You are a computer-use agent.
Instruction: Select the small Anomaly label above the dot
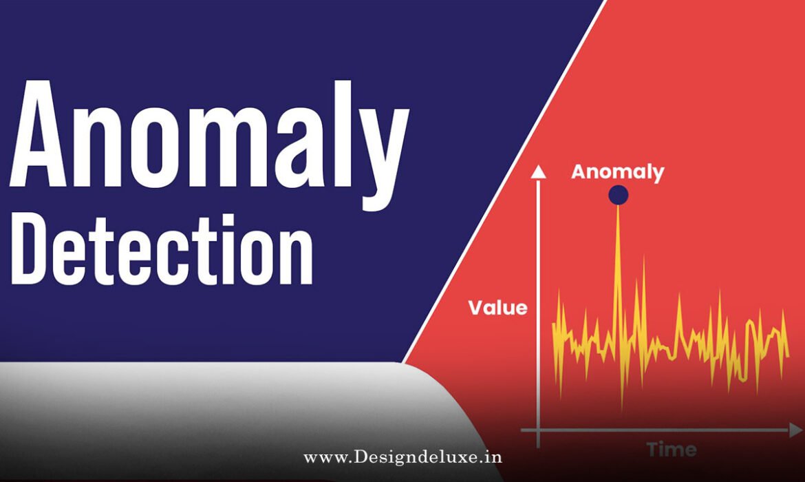pyautogui.click(x=617, y=171)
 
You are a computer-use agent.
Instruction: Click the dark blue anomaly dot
pyautogui.click(x=618, y=196)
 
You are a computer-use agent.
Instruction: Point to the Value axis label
pyautogui.click(x=497, y=307)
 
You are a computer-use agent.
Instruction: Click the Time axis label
pyautogui.click(x=670, y=450)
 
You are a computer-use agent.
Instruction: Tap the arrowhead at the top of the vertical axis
pyautogui.click(x=539, y=171)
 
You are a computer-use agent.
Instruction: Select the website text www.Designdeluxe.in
pyautogui.click(x=402, y=457)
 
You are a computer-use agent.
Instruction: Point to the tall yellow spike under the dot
pyautogui.click(x=617, y=275)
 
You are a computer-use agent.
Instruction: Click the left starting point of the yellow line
pyautogui.click(x=553, y=324)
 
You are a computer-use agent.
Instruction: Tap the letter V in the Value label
pyautogui.click(x=475, y=307)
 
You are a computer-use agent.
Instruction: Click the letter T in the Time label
pyautogui.click(x=653, y=450)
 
